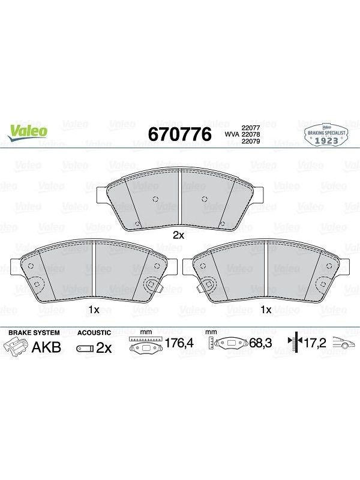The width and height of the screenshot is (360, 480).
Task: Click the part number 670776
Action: coord(179,134)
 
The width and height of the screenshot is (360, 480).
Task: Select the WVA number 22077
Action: coord(251,128)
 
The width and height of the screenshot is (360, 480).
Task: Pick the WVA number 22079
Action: coord(251,141)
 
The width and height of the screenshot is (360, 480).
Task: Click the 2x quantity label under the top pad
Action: coord(178,235)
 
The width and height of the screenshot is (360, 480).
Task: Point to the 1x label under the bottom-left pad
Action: coord(94,310)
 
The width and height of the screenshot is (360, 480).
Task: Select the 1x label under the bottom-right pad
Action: coord(266,310)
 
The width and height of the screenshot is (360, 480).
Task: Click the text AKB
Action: coord(47,347)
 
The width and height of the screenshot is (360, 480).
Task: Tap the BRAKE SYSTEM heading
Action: coord(34,332)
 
